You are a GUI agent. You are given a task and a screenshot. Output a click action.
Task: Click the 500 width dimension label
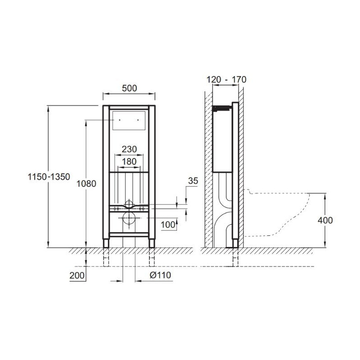pos(129,88)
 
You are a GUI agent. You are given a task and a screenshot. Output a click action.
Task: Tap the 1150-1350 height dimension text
pos(49,177)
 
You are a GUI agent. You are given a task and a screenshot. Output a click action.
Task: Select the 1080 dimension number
pos(86,184)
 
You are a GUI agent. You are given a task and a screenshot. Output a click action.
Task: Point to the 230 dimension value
pos(129,149)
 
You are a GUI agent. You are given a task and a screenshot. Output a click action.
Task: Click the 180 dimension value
pos(129,162)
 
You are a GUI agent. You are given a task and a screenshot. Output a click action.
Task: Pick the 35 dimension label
pos(193,181)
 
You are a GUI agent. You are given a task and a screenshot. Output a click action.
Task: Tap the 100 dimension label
pos(168,225)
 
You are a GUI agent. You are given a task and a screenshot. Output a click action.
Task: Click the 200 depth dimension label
pos(77,275)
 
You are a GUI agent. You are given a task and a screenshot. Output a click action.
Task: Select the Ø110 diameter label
pos(161,275)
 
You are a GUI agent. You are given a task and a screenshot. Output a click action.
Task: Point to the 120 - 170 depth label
pos(226,80)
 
